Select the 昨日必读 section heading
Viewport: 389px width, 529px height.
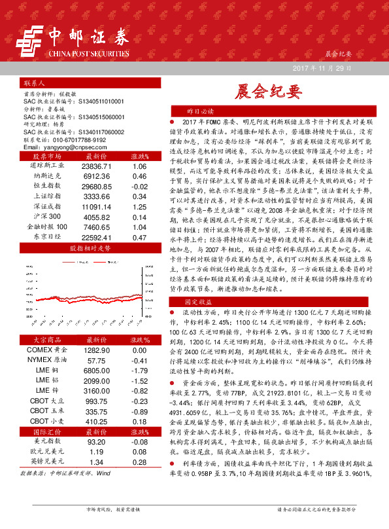[200, 112]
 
